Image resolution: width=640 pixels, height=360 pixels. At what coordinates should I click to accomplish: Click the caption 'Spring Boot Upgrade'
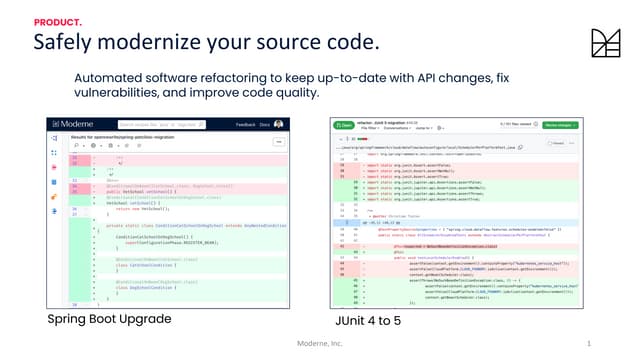109,319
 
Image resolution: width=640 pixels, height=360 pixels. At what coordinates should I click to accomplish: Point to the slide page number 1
589,344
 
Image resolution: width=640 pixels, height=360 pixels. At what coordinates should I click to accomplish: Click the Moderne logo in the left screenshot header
70,124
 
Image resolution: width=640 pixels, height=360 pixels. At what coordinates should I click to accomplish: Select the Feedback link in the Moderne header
245,124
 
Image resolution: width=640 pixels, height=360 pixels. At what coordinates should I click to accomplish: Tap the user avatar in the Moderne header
278,124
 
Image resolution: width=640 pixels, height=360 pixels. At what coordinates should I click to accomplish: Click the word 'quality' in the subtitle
297,93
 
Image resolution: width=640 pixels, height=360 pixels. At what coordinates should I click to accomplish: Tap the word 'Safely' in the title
64,42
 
